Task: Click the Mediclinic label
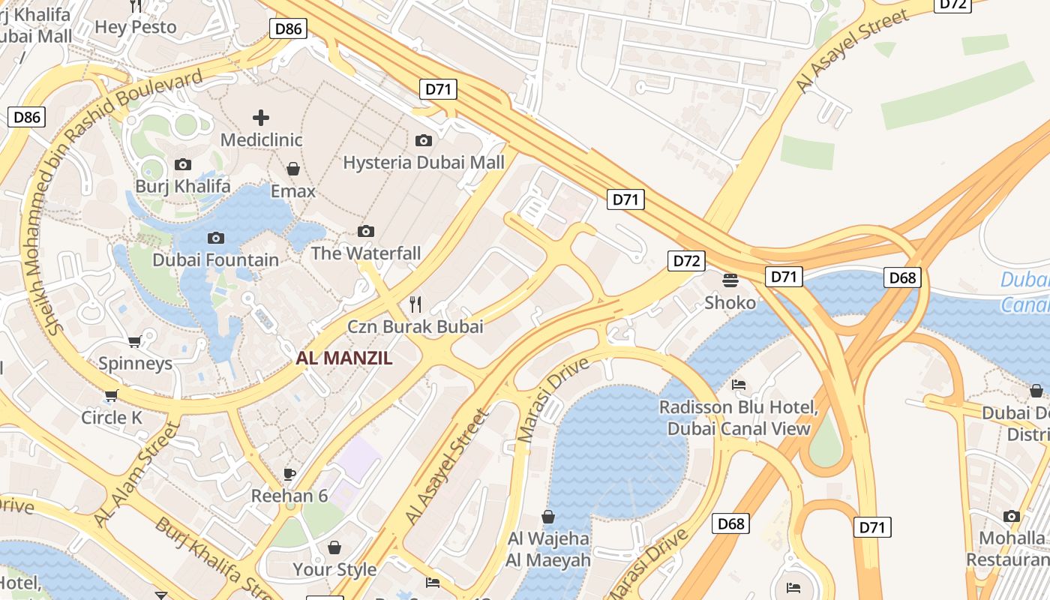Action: pyautogui.click(x=261, y=140)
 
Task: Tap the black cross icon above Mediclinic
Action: pyautogui.click(x=261, y=118)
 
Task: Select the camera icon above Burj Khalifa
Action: pyautogui.click(x=182, y=164)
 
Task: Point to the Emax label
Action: pyautogui.click(x=292, y=191)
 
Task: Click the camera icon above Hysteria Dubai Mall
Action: pyautogui.click(x=424, y=140)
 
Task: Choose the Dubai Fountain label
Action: pyautogui.click(x=215, y=260)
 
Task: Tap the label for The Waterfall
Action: pyautogui.click(x=365, y=253)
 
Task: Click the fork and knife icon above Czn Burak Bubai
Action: pyautogui.click(x=415, y=304)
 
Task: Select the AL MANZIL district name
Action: pyautogui.click(x=344, y=358)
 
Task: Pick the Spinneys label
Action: pyautogui.click(x=136, y=364)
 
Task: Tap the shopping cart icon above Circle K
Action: pyautogui.click(x=112, y=395)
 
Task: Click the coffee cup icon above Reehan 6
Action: pyautogui.click(x=289, y=474)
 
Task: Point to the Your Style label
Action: pyautogui.click(x=334, y=570)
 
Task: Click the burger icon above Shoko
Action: pyautogui.click(x=730, y=280)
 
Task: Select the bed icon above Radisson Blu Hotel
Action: pyautogui.click(x=739, y=385)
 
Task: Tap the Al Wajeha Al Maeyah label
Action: pyautogui.click(x=548, y=550)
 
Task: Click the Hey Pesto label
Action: pyautogui.click(x=136, y=28)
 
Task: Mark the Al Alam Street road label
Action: pyautogui.click(x=137, y=474)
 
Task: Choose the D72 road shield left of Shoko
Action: pyautogui.click(x=686, y=261)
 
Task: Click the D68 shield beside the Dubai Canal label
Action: pyautogui.click(x=902, y=277)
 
